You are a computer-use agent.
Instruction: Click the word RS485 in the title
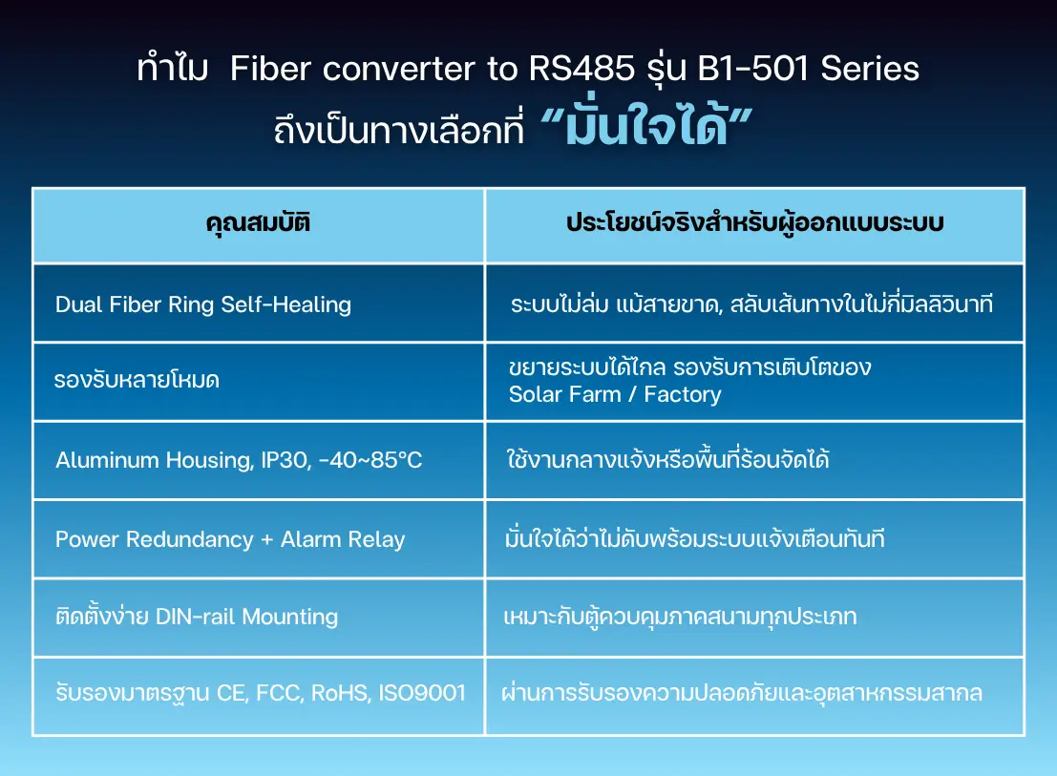tap(581, 69)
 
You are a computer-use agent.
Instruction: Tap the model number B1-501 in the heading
tap(752, 69)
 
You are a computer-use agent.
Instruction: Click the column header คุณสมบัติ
tap(258, 222)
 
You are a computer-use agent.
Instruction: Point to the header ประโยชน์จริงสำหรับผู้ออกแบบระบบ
tap(755, 222)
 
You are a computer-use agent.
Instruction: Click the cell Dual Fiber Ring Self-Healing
tap(203, 304)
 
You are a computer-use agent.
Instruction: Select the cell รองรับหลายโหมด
tap(137, 380)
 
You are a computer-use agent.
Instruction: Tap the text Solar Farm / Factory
tap(615, 394)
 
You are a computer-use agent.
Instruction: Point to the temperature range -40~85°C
tap(370, 460)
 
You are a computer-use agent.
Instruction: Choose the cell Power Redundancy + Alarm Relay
tap(230, 539)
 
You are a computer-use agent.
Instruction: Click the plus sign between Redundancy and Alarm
tap(267, 539)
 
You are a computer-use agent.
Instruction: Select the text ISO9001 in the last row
tap(422, 692)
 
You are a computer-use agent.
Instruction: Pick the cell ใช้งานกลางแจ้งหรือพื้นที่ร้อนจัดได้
tap(667, 459)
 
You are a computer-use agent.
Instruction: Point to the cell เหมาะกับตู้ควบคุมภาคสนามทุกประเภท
tap(680, 616)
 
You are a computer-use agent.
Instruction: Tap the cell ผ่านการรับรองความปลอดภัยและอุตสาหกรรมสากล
tap(742, 692)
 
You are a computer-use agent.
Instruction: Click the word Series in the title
tap(870, 69)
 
